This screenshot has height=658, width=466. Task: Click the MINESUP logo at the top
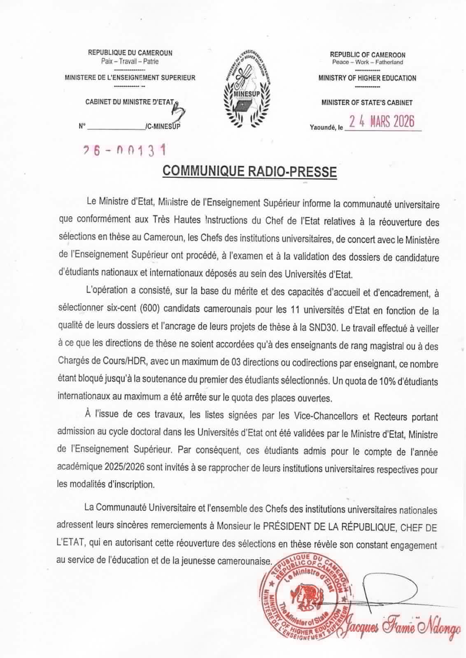click(x=249, y=87)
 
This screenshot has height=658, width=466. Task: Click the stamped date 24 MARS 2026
click(x=381, y=122)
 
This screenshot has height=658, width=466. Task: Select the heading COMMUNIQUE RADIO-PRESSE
click(x=249, y=171)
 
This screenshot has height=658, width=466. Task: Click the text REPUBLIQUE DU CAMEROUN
click(x=130, y=53)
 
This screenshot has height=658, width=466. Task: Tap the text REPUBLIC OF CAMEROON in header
click(x=368, y=55)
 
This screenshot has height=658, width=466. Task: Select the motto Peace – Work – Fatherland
click(x=368, y=63)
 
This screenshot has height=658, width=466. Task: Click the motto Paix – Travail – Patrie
click(x=130, y=61)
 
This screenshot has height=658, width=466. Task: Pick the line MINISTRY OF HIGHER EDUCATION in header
click(x=367, y=78)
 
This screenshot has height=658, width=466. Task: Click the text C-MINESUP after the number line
click(x=163, y=127)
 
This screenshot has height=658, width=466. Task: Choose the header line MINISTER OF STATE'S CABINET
click(x=367, y=103)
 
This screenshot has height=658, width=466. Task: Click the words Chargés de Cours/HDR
click(x=104, y=364)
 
